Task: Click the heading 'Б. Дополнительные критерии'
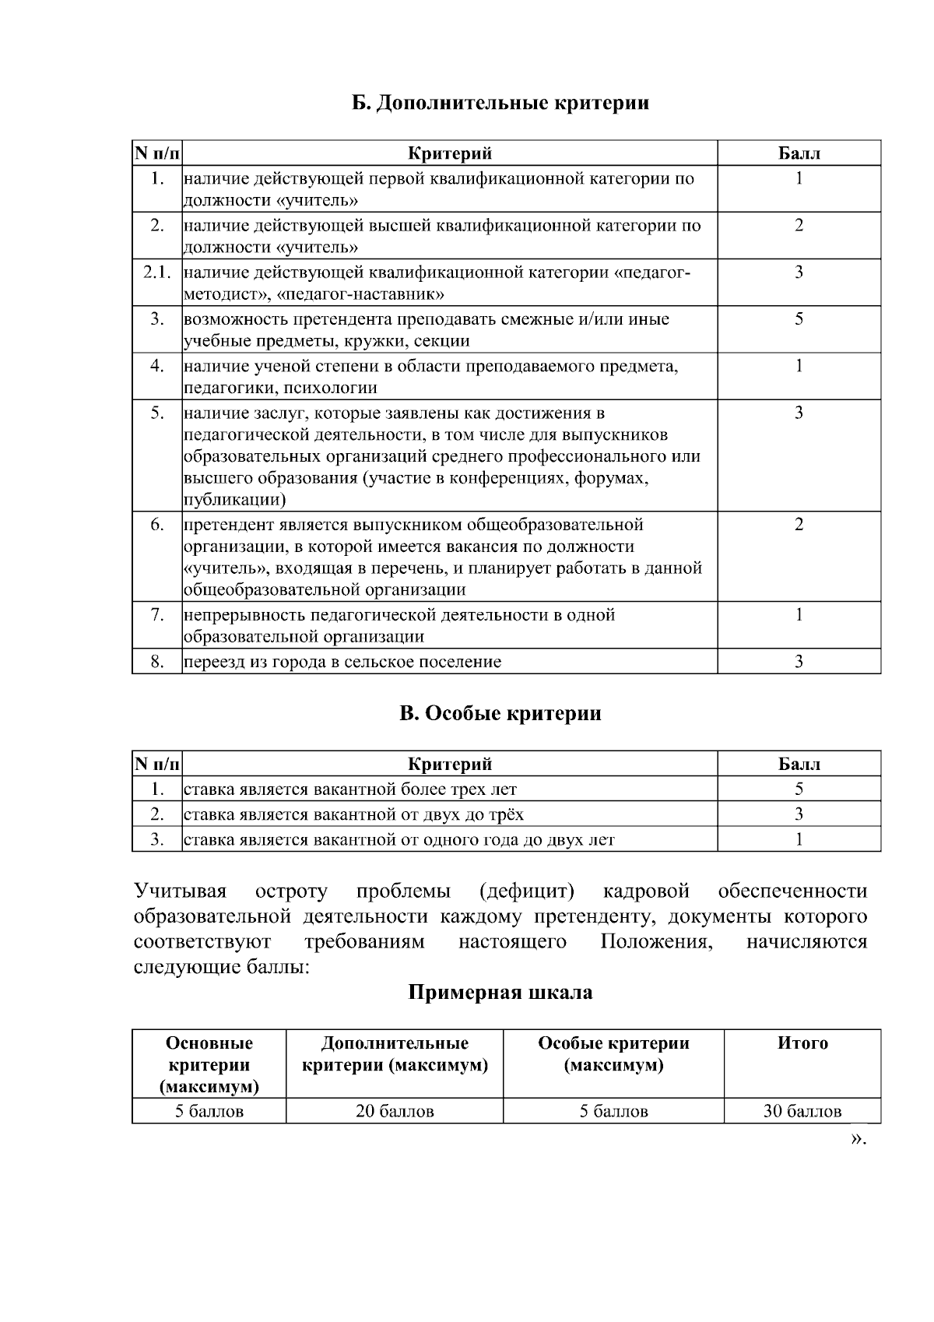[499, 103]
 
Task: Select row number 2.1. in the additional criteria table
[156, 272]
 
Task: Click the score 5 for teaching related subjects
[799, 319]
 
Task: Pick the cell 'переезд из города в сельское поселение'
[342, 662]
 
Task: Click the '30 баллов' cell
[802, 1111]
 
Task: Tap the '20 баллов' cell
[394, 1111]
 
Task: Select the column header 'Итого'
[802, 1043]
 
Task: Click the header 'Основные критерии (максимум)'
[209, 1064]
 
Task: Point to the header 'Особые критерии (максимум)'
[613, 1054]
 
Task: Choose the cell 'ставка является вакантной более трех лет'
[350, 789]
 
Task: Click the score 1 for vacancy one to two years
[799, 839]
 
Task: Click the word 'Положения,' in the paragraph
[657, 941]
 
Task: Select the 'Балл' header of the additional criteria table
[799, 153]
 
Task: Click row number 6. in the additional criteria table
[156, 525]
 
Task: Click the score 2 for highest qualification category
[799, 226]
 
